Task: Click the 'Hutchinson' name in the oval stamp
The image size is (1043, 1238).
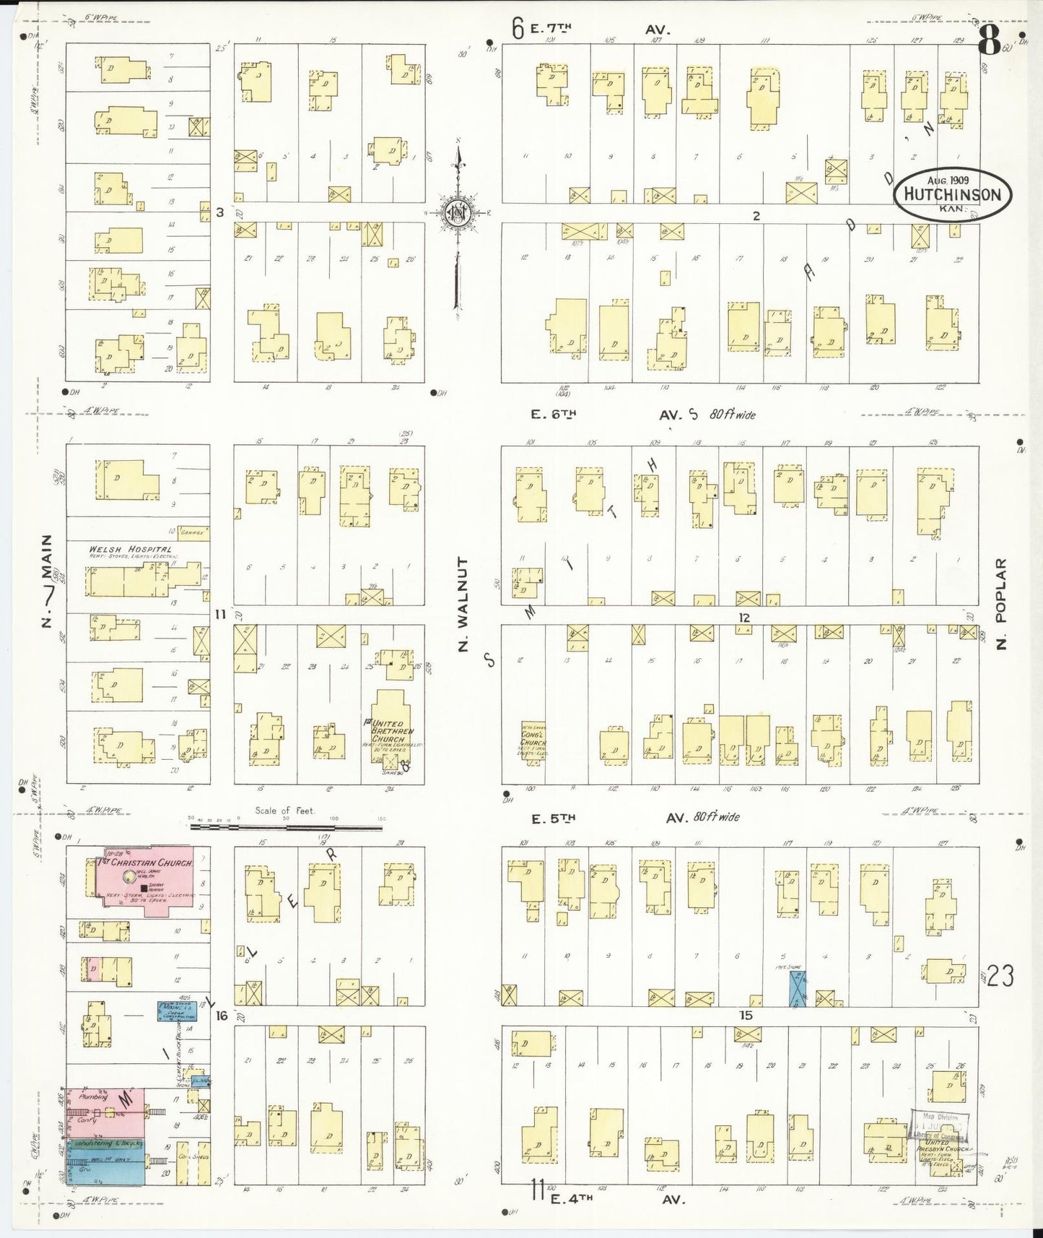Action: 953,194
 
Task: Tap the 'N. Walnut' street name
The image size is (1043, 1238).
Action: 463,603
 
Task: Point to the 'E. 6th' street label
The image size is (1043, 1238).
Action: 552,415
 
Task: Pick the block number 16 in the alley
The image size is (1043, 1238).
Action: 221,1016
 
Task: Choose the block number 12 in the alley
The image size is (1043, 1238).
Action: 745,618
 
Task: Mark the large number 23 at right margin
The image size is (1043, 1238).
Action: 1001,977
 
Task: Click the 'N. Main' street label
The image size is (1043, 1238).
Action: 48,581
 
